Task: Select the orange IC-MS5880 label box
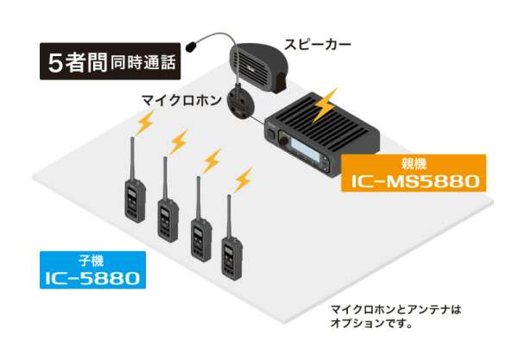click(414, 173)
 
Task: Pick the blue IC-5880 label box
click(93, 270)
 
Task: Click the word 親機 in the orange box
click(414, 161)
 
